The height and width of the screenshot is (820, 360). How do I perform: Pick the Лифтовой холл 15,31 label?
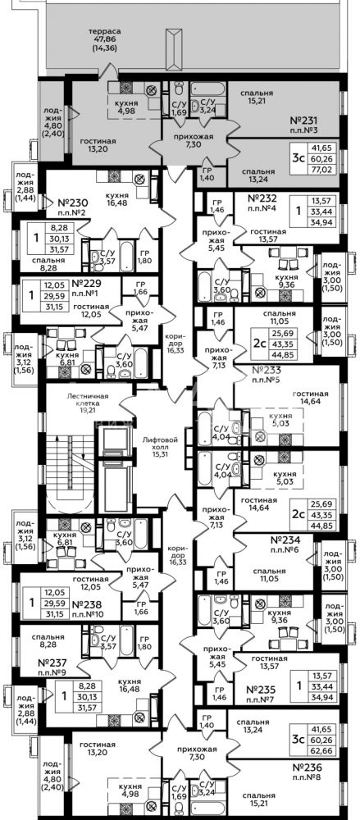(160, 445)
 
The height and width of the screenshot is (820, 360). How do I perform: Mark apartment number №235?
(264, 690)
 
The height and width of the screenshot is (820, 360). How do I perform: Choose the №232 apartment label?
(264, 198)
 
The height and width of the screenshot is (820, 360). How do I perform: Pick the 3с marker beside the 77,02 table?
(298, 157)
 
